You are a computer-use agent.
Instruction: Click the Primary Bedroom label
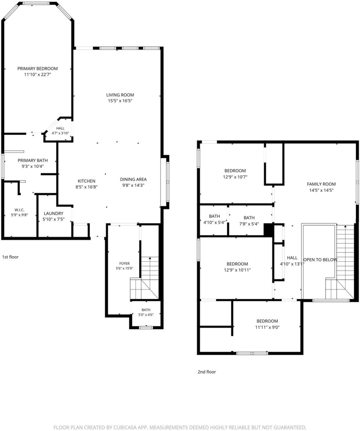pos(37,69)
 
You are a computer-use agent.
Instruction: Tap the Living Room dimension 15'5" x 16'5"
pos(120,101)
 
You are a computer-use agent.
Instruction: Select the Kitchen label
pos(87,181)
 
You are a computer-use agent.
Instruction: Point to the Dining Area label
pos(133,179)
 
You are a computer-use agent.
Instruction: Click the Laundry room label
pos(53,213)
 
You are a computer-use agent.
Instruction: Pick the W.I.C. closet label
pos(19,210)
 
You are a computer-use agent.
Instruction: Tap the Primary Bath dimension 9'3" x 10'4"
pos(33,166)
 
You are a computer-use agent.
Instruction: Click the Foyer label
pos(125,263)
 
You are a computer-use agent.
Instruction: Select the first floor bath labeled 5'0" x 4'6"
pos(146,312)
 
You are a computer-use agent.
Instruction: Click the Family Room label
pos(321,184)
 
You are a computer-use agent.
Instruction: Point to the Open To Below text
pos(320,259)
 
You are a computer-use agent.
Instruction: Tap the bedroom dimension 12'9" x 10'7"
pos(235,177)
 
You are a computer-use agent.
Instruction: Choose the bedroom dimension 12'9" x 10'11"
pos(237,270)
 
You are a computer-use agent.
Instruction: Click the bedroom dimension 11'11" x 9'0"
pos(267,327)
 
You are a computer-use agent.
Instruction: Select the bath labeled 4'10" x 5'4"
pos(214,219)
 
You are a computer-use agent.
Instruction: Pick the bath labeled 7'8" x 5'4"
pos(249,221)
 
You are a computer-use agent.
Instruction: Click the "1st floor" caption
pos(11,257)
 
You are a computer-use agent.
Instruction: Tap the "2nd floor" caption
pos(207,372)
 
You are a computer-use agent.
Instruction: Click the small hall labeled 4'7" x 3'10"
pos(61,130)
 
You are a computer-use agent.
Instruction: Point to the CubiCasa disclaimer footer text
pos(180,427)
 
